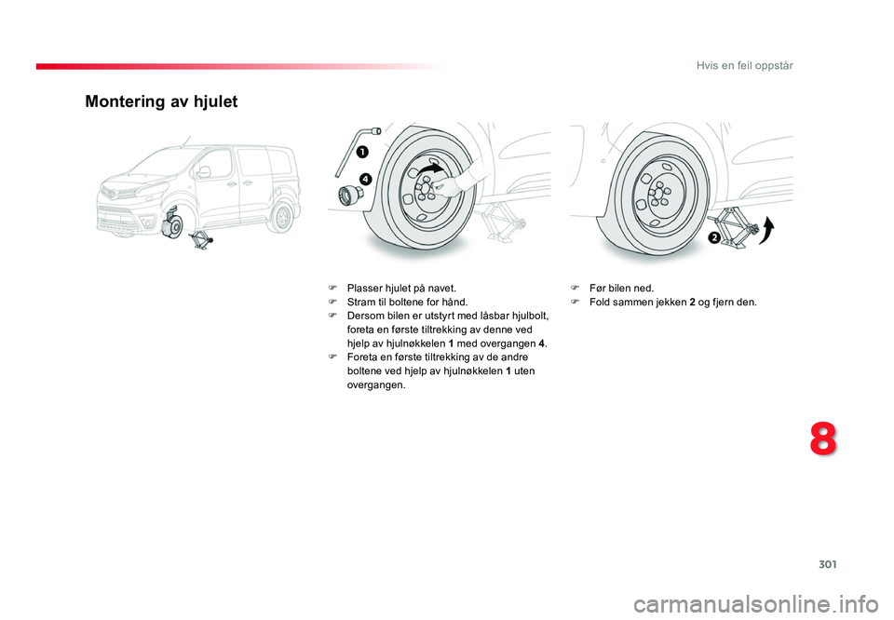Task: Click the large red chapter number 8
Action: (x=822, y=440)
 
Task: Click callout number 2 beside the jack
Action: (x=713, y=237)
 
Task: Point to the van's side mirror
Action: (x=202, y=172)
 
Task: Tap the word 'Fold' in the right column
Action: (x=601, y=303)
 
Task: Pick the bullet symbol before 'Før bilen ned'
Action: (x=575, y=289)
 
